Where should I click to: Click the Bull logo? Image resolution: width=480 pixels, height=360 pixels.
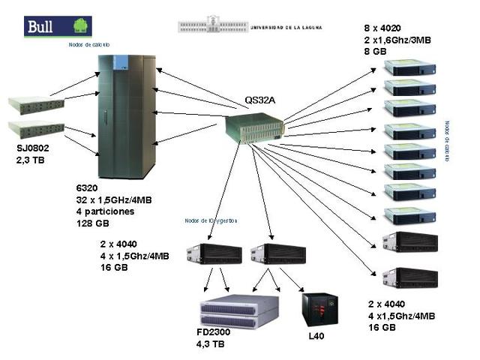[58, 27]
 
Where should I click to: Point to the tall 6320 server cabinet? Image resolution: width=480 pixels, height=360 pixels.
[127, 116]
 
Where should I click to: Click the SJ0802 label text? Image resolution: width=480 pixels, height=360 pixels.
[33, 148]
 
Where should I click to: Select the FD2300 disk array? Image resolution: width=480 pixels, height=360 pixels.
[238, 312]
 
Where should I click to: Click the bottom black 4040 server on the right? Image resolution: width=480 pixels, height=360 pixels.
[409, 277]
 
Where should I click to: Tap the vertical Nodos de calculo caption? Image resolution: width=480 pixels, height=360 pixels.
[447, 142]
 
